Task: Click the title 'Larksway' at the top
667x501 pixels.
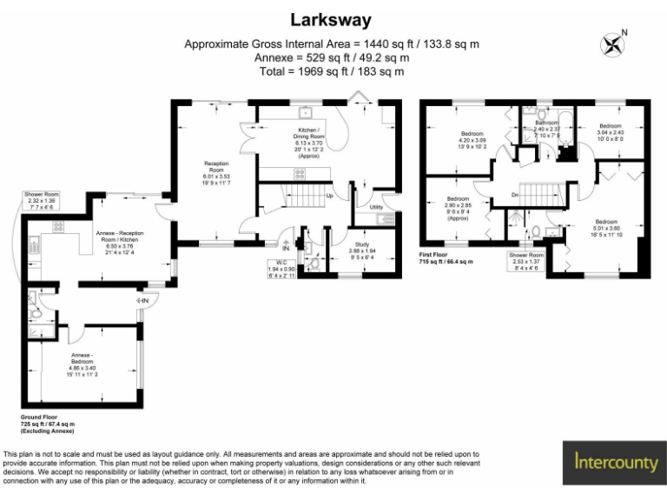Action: pyautogui.click(x=333, y=20)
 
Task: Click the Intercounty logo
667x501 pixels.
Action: pyautogui.click(x=616, y=462)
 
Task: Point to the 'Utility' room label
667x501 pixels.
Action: pyautogui.click(x=376, y=208)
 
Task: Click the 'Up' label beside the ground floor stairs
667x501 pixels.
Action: pyautogui.click(x=329, y=196)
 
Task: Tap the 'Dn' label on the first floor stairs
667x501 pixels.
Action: pyautogui.click(x=515, y=195)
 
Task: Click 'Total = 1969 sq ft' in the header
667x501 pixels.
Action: pyautogui.click(x=333, y=71)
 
